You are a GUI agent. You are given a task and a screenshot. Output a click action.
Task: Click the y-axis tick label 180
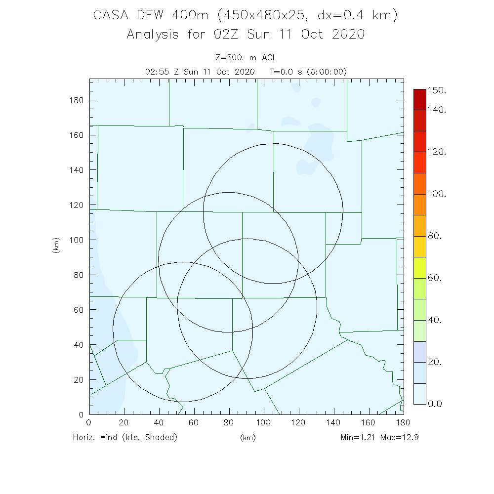tap(77, 100)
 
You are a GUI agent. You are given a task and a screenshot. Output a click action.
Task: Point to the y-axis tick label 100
tap(77, 240)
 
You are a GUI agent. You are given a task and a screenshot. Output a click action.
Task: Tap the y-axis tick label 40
tap(79, 344)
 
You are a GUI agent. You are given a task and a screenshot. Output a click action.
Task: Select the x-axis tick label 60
tap(194, 423)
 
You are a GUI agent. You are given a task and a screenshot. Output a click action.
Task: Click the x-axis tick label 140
tap(334, 423)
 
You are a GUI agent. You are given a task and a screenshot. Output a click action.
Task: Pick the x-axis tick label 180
tap(404, 423)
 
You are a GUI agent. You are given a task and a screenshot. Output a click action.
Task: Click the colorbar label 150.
tap(437, 90)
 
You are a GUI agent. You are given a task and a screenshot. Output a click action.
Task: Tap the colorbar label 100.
tap(437, 194)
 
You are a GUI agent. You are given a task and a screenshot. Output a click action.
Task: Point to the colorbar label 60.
tap(435, 278)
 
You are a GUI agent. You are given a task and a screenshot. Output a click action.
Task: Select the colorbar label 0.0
tap(435, 404)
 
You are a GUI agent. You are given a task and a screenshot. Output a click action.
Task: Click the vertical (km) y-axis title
tap(55, 246)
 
